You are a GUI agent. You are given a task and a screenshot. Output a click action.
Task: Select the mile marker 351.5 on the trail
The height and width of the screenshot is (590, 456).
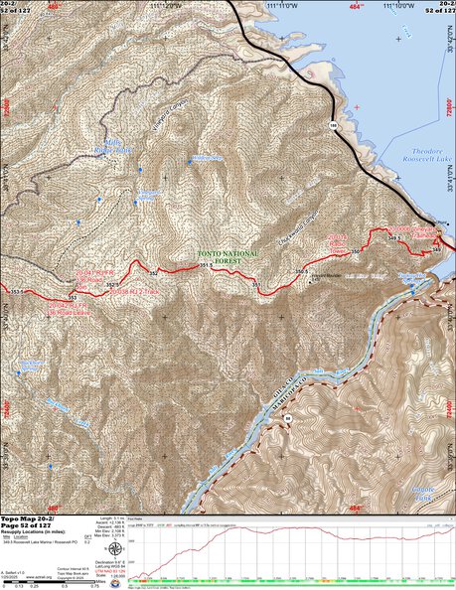203,265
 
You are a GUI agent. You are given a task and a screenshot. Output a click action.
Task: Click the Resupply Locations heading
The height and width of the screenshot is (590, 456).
40,531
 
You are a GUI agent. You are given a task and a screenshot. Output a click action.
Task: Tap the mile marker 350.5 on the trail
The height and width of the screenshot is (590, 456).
298,269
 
